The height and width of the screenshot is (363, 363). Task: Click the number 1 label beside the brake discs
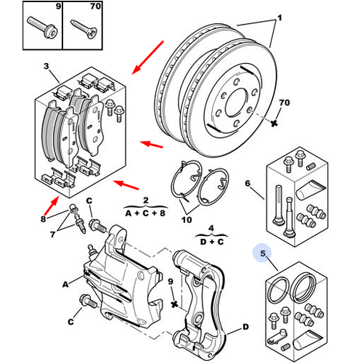(280, 18)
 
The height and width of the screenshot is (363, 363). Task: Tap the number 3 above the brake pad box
(46, 66)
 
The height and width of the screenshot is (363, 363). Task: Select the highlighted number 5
(263, 253)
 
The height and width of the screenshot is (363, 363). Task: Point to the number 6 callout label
(248, 183)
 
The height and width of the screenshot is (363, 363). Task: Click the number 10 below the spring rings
(187, 220)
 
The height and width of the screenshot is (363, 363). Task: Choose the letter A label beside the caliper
(65, 285)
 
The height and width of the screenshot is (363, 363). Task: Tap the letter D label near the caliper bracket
(245, 327)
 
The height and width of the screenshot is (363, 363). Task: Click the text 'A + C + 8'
(145, 213)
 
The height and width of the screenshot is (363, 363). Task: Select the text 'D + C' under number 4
(212, 242)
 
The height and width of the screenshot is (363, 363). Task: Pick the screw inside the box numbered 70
(84, 30)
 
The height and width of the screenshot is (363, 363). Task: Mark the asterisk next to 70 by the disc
(274, 123)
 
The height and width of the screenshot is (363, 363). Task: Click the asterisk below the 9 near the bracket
(174, 304)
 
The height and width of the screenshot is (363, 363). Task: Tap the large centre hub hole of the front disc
(237, 103)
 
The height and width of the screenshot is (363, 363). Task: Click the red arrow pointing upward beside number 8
(52, 205)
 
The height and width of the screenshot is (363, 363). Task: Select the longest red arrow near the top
(148, 57)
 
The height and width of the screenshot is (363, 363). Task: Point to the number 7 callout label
(53, 234)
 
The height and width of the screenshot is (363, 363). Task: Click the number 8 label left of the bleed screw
(43, 219)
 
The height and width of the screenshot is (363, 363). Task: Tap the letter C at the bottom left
(70, 322)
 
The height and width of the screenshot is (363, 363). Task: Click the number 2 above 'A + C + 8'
(146, 200)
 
